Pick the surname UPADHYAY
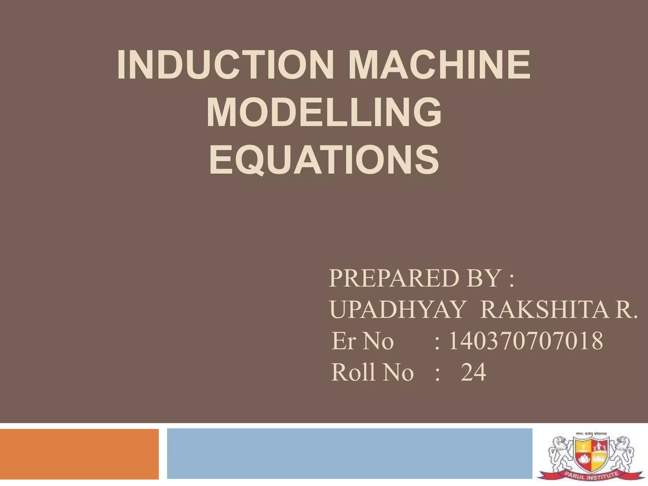coord(397,309)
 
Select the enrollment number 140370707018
coord(526,341)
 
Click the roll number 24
coord(473,372)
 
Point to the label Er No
coord(363,341)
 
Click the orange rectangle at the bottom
coord(79,454)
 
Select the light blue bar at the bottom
coord(349,453)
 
